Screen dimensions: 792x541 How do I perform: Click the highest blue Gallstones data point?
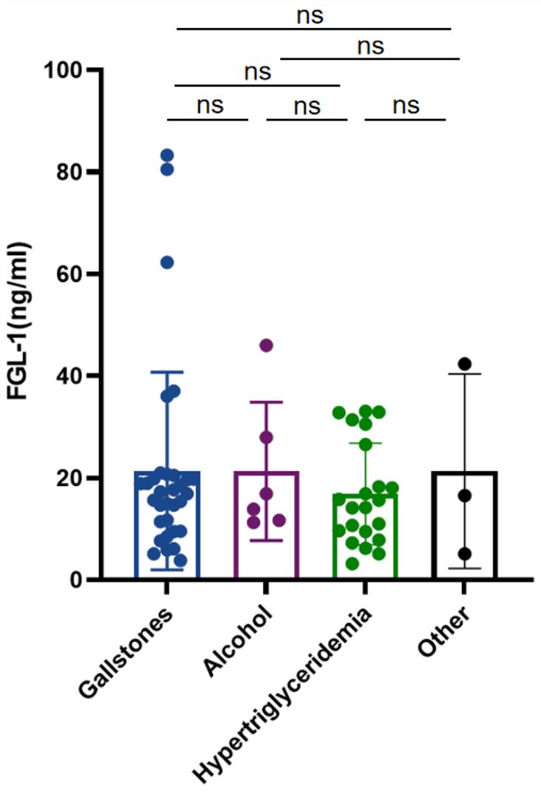pos(167,155)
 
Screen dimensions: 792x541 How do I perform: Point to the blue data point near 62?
pos(167,263)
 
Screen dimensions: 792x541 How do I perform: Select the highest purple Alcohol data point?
pos(266,345)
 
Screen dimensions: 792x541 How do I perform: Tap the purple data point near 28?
pos(266,437)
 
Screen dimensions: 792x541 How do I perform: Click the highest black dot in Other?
pos(464,364)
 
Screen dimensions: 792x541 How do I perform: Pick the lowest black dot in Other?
pos(464,554)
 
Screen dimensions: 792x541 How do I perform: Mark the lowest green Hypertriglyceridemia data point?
pos(353,563)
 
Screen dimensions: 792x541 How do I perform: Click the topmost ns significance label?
pos(310,16)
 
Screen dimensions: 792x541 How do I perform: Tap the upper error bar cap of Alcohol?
pos(266,402)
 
